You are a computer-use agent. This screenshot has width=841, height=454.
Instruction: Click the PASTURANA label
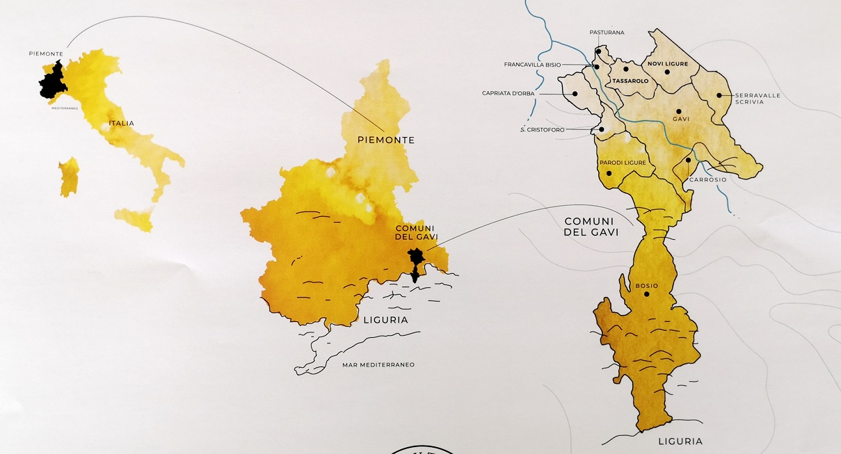(x=607, y=33)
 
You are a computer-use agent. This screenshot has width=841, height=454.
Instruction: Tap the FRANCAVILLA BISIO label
(x=532, y=65)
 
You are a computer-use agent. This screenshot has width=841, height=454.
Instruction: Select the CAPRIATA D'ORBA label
(x=508, y=93)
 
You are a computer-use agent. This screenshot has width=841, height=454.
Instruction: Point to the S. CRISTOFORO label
(x=542, y=129)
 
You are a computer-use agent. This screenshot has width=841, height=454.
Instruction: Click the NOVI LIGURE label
(x=668, y=64)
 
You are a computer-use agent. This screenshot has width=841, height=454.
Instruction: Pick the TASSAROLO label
(x=630, y=81)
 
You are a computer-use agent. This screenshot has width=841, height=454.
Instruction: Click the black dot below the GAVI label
(x=678, y=111)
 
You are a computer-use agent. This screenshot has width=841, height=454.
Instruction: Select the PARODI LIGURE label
(x=623, y=163)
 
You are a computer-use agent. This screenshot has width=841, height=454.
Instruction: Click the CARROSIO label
(x=708, y=180)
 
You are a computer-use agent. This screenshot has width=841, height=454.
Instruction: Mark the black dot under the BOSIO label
(x=646, y=294)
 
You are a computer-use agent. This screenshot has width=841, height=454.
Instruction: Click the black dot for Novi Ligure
(x=666, y=72)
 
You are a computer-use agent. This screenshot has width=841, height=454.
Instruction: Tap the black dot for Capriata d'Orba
(x=576, y=94)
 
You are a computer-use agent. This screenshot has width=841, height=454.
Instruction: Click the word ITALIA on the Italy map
(x=121, y=124)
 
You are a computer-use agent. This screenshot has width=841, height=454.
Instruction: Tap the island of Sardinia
(x=69, y=176)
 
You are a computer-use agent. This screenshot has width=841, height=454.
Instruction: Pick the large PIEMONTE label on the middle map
(x=385, y=140)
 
